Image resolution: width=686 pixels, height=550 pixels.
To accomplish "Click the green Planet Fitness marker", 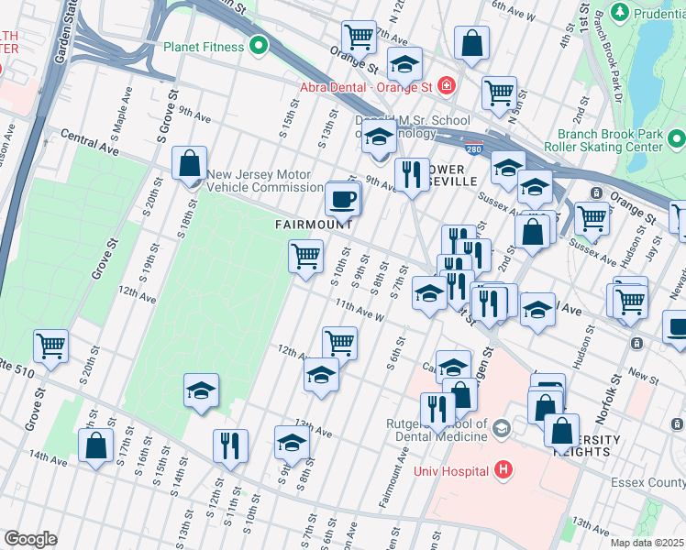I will pos(259,45).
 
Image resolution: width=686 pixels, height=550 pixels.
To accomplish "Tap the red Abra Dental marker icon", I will pos(446,86).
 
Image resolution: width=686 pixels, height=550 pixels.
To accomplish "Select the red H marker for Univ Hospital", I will pos(502,471).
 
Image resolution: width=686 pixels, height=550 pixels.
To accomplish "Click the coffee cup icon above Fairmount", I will pos(343,198).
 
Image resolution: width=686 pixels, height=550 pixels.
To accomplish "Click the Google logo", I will pos(30,539).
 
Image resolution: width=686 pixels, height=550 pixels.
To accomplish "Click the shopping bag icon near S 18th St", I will pos(188,164).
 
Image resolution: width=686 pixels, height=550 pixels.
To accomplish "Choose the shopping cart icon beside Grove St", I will pos(50,346).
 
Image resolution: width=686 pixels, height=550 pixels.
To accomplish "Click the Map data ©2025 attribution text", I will pos(647,543).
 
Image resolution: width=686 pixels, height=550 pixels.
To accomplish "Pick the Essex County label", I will pos(647,483).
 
